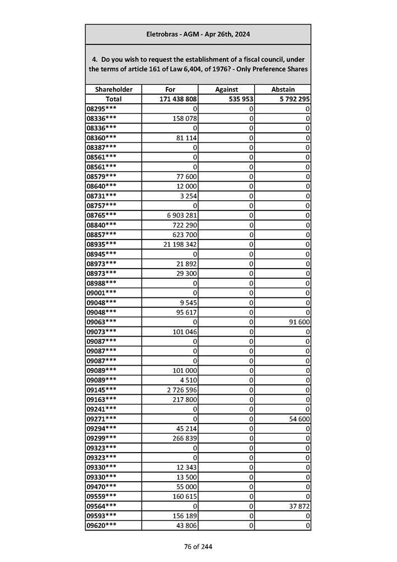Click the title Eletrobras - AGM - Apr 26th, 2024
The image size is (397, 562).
198,34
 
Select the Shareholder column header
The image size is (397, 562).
114,89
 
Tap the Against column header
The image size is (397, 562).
226,89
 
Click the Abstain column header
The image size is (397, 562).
283,89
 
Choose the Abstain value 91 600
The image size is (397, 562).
298,322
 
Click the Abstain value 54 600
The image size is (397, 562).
298,419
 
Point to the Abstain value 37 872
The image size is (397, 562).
298,506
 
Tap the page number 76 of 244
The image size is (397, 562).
198,547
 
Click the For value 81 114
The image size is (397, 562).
185,137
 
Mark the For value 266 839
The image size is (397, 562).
184,438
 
